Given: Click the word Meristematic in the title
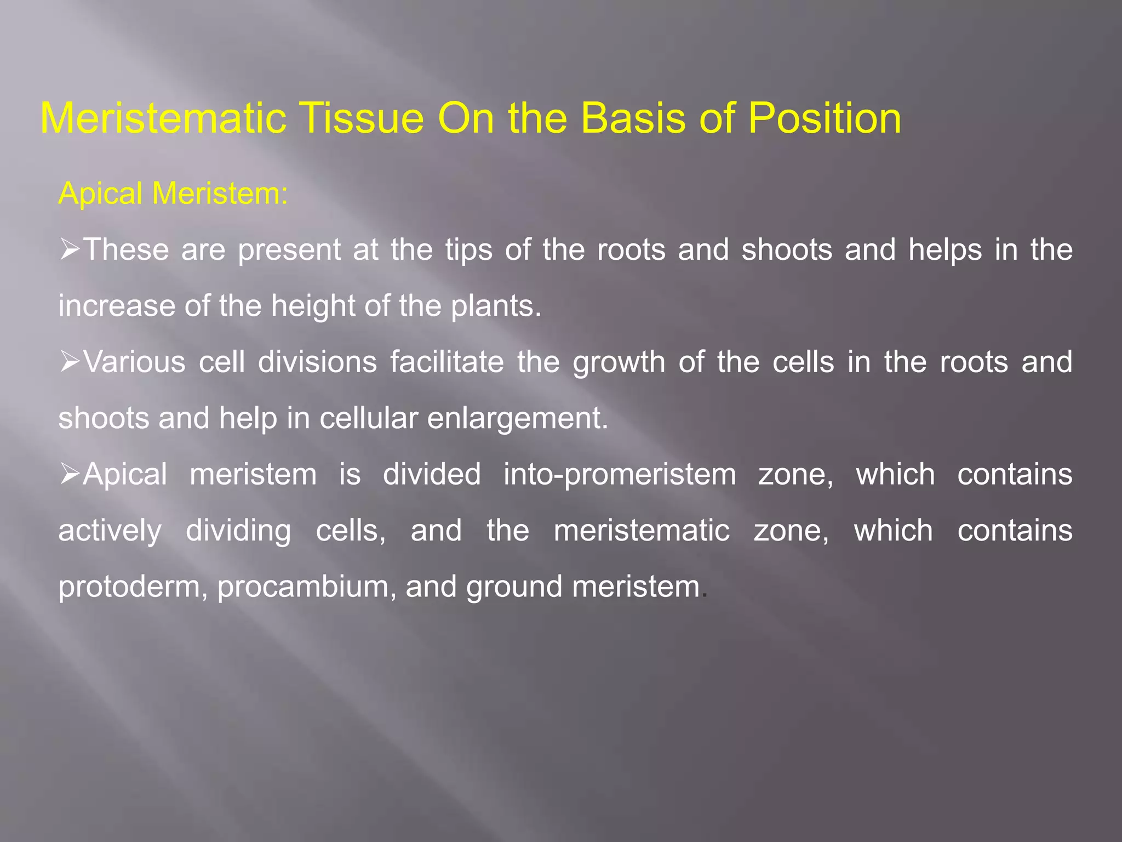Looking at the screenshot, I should (163, 118).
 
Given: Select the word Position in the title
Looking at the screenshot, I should (824, 118).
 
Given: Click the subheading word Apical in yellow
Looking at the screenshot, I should (100, 194).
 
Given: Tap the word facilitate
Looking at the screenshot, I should (446, 362).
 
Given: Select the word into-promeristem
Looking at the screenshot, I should (620, 475).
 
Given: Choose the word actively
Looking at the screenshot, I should (110, 531).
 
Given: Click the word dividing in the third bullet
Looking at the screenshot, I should (238, 531).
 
